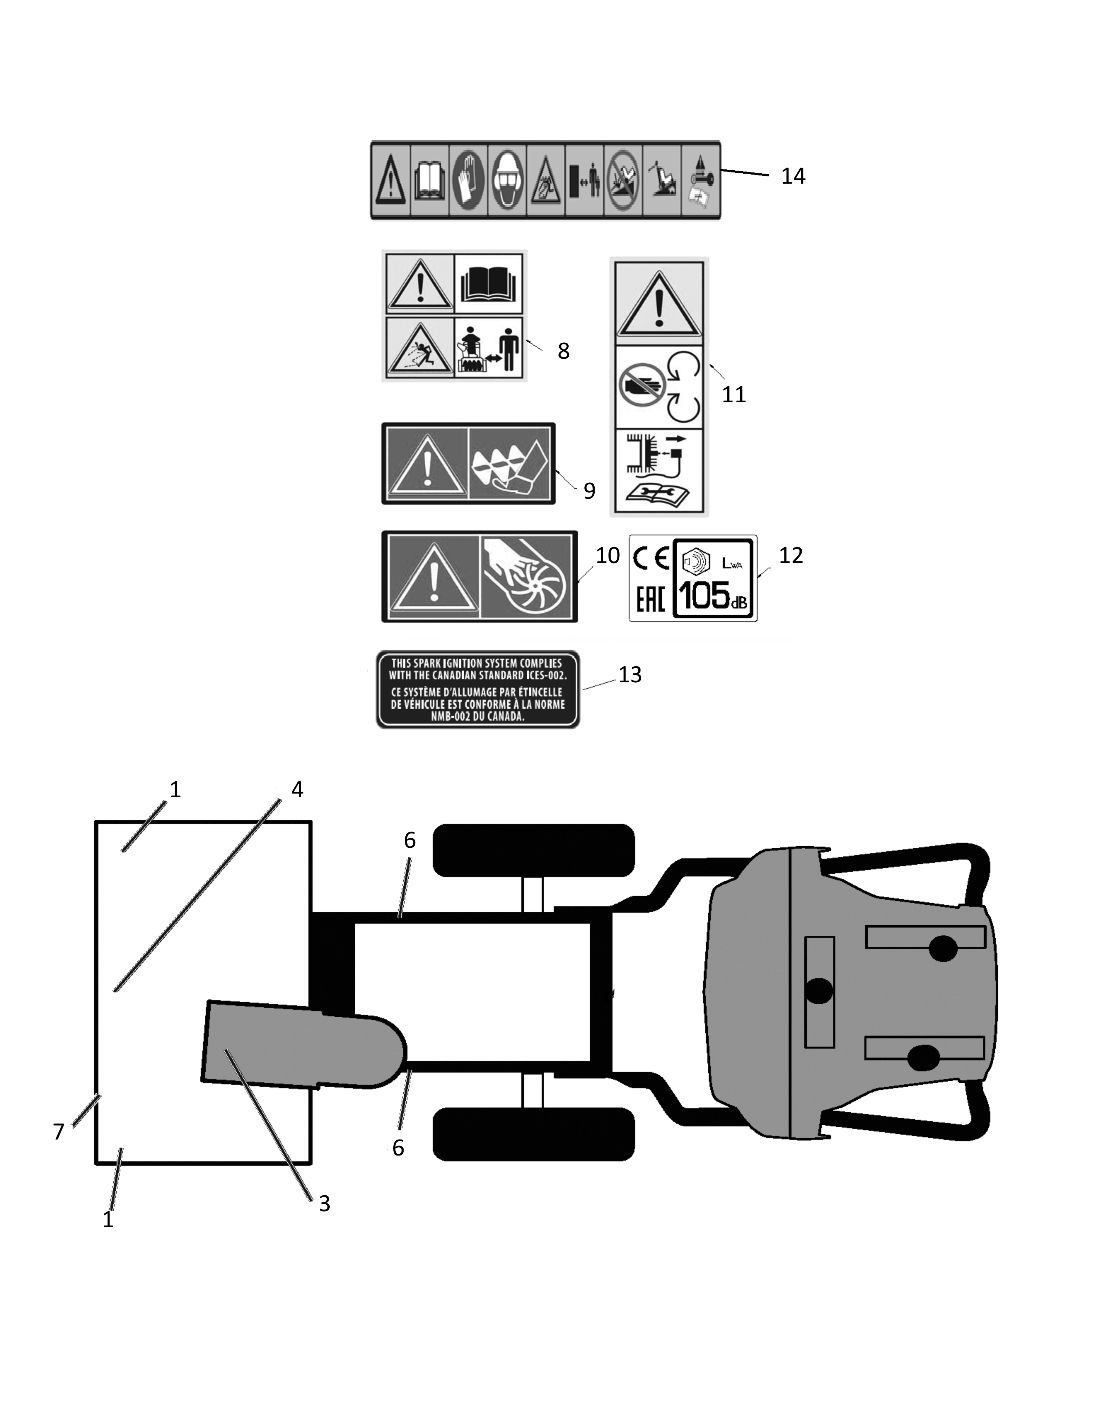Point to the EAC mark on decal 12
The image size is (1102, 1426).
tap(650, 599)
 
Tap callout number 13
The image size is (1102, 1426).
tap(630, 675)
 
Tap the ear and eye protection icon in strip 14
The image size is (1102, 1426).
tap(507, 180)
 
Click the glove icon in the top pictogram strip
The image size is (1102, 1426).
tap(468, 180)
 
